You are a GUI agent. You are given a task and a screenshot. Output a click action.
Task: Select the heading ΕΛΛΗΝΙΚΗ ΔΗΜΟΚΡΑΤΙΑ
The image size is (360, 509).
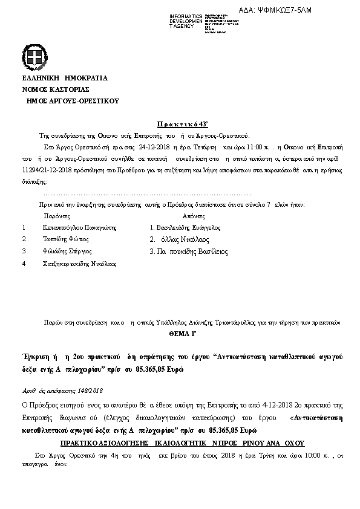click(65, 78)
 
